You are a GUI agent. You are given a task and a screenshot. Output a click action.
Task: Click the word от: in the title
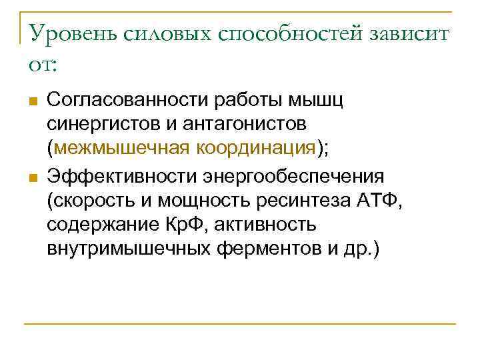point(44,65)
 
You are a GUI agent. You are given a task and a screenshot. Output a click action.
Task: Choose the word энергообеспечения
point(291,177)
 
